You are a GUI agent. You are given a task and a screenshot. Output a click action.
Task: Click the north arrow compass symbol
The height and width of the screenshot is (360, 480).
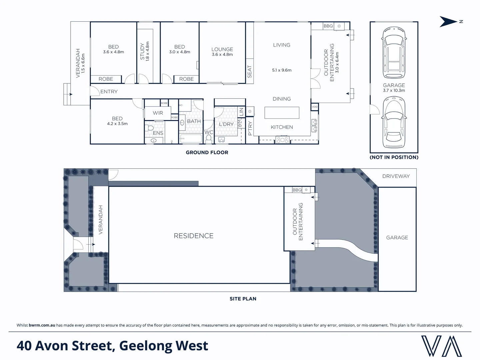[449, 21]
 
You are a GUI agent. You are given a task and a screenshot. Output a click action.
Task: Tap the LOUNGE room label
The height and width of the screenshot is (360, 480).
[222, 49]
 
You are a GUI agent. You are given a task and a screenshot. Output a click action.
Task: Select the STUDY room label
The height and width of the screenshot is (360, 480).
[142, 51]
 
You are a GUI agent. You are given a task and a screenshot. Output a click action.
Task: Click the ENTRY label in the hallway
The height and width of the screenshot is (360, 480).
[109, 92]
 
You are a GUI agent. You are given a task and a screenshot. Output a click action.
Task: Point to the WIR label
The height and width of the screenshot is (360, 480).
[158, 113]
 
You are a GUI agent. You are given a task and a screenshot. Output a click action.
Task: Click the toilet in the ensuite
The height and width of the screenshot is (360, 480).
[150, 128]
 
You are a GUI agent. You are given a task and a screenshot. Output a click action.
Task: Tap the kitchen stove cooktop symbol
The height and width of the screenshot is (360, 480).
[283, 140]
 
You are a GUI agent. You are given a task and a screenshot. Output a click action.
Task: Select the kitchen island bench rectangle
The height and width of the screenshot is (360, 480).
[282, 113]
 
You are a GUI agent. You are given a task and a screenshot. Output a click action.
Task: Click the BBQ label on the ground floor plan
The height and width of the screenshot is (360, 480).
[328, 26]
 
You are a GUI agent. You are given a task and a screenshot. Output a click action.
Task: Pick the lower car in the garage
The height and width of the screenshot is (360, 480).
[394, 122]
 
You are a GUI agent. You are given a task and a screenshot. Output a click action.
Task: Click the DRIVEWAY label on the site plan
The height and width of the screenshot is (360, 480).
[396, 176]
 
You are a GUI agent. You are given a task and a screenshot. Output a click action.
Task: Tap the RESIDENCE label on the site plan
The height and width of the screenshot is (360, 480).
[194, 236]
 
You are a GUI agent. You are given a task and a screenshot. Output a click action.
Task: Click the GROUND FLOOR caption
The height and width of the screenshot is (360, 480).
[207, 153]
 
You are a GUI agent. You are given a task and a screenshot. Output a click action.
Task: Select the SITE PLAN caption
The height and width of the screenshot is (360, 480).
[243, 299]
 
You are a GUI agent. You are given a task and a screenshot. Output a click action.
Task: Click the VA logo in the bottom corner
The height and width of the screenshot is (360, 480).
[442, 346]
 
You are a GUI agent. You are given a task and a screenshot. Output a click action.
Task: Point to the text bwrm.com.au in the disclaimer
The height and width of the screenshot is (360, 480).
[42, 325]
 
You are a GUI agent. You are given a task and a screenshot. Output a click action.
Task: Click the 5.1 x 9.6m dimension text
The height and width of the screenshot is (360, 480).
[282, 70]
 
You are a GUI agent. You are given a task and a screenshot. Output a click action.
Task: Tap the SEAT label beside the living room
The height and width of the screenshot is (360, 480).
[250, 72]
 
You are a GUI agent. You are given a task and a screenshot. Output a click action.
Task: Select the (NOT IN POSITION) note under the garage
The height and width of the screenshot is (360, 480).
[394, 157]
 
